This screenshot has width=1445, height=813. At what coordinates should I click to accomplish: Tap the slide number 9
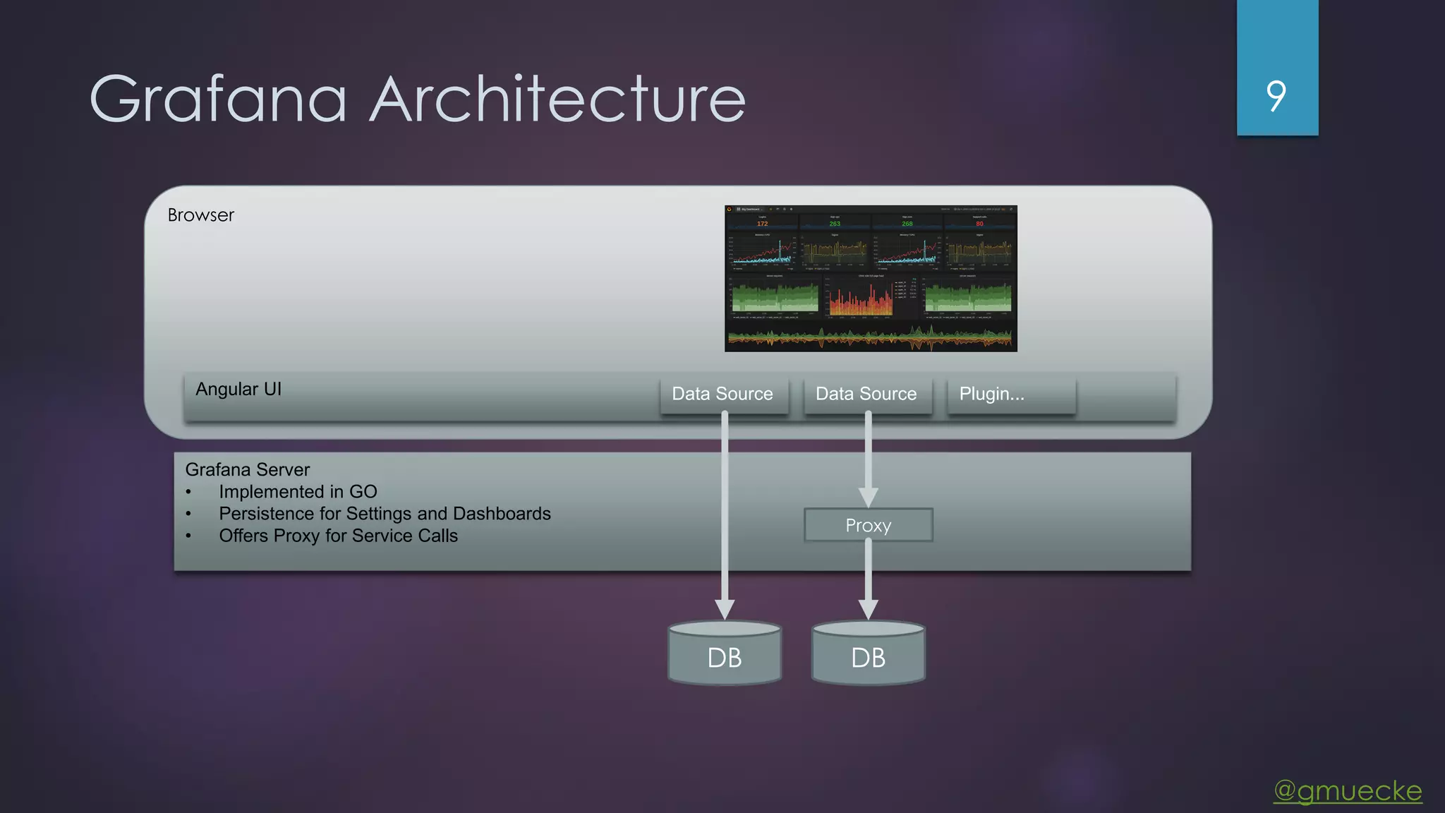point(1276,96)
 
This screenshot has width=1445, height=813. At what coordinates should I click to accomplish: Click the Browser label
point(200,215)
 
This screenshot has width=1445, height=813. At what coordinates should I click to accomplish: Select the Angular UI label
point(238,390)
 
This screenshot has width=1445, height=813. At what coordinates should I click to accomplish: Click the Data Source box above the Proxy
point(866,394)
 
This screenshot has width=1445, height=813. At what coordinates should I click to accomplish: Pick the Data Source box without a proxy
point(722,394)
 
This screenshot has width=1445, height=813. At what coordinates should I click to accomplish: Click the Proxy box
point(868,525)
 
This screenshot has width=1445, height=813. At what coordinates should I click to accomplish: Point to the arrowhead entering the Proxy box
point(868,497)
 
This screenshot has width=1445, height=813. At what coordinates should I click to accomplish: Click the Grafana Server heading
point(247,469)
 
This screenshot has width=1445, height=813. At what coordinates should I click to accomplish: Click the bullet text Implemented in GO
point(298,492)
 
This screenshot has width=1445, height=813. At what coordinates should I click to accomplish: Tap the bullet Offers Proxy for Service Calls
point(338,536)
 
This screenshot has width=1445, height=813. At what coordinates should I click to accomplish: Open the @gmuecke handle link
point(1348,790)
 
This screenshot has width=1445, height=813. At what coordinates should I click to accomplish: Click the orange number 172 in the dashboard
point(762,224)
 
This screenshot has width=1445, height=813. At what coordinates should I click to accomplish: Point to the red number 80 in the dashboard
point(979,224)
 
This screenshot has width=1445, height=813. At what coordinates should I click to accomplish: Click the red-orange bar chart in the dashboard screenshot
point(860,300)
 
